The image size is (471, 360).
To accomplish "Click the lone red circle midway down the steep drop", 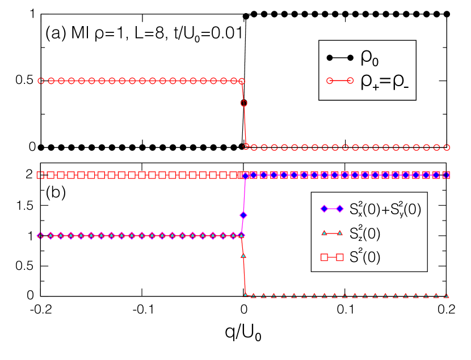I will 244,104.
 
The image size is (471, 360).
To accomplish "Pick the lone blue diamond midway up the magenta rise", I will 243,215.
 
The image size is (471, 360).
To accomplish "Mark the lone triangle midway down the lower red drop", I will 243,256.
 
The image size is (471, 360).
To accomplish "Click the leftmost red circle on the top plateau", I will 41,81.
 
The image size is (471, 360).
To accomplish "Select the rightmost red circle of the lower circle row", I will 447,147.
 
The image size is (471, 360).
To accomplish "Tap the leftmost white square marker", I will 40,175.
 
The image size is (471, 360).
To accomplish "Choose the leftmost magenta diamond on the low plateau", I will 41,235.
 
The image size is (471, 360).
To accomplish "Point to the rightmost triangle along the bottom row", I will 447,295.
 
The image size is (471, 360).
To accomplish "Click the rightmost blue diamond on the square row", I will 446,175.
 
